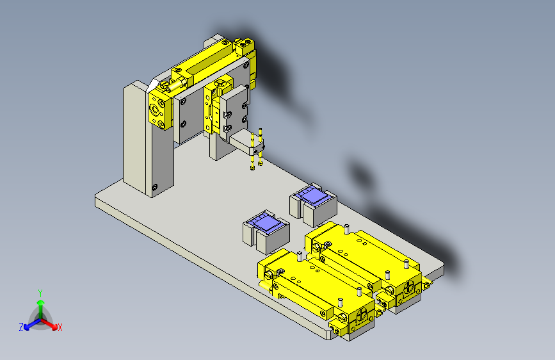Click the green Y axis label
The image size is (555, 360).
(40, 292)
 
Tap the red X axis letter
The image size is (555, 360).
(60, 328)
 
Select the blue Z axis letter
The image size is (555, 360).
(21, 327)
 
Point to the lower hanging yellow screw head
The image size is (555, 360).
(252, 168)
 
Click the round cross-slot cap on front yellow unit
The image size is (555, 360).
(362, 315)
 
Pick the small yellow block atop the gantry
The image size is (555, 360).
(245, 45)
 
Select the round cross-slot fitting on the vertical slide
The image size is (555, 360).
(221, 83)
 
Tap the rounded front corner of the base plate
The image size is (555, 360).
(335, 334)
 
